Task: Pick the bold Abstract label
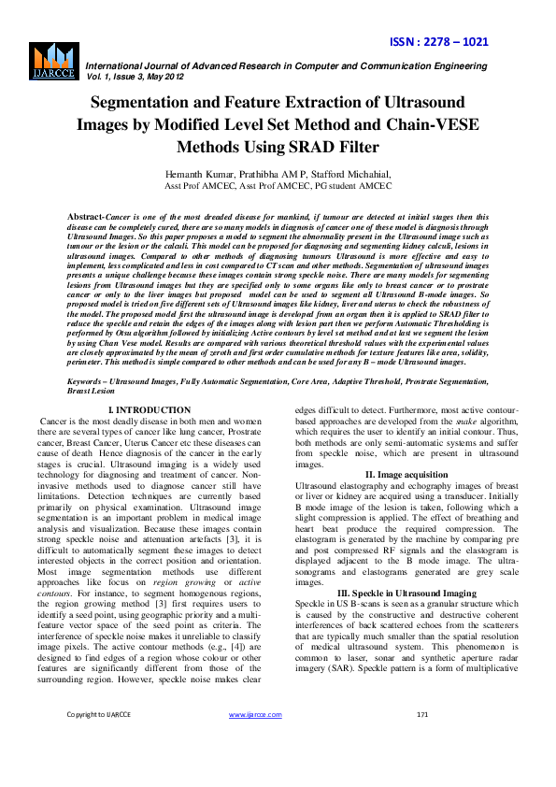pyautogui.click(x=85, y=217)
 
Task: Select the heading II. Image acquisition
pyautogui.click(x=406, y=476)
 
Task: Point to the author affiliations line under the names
pyautogui.click(x=278, y=187)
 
